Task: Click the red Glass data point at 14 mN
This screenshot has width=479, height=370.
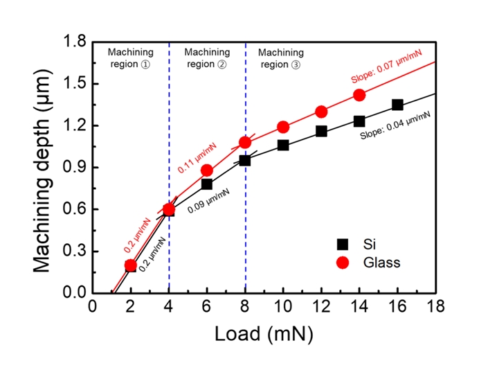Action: (359, 95)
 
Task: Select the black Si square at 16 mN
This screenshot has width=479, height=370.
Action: (397, 105)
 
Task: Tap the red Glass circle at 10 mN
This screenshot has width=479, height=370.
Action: (283, 127)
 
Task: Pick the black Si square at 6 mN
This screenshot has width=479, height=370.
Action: (207, 184)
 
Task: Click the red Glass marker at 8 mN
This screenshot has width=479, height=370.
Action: (245, 143)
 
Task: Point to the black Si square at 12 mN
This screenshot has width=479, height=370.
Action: (321, 131)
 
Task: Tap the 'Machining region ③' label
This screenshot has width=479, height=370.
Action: (280, 58)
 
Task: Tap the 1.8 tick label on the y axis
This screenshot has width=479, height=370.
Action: (74, 42)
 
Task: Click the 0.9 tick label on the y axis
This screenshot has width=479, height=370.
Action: (74, 168)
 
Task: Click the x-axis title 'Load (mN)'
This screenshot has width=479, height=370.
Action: (263, 335)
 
